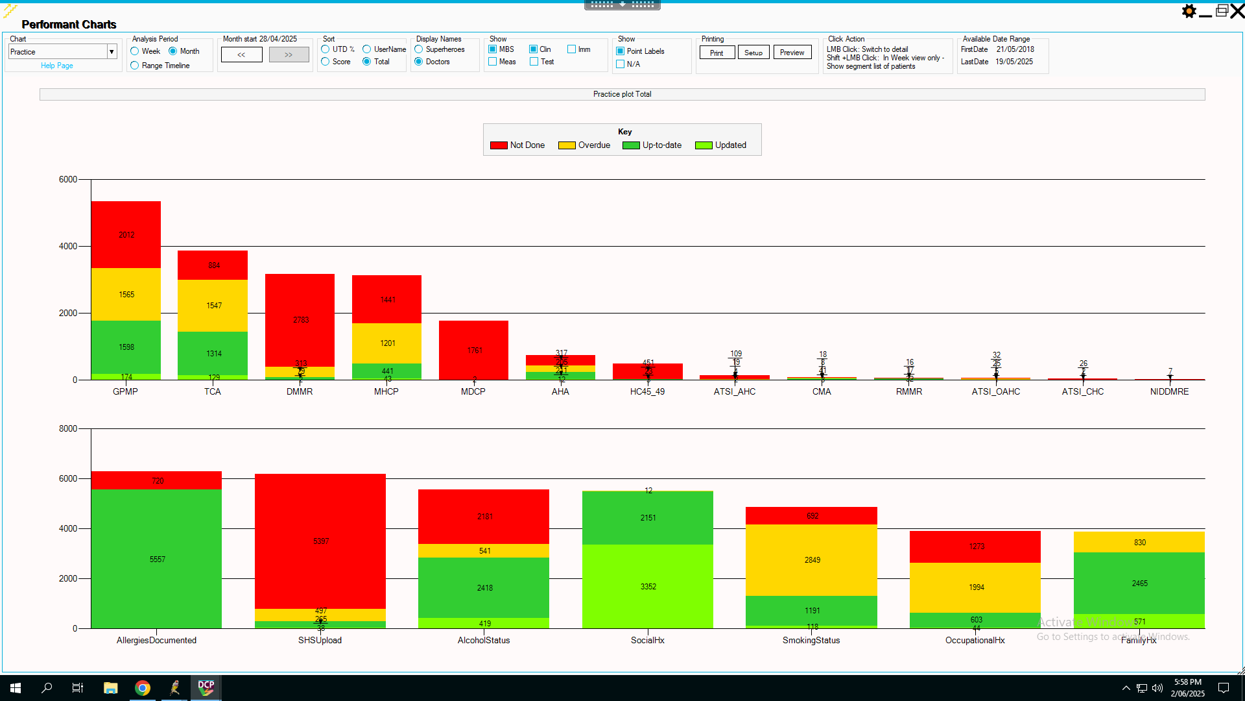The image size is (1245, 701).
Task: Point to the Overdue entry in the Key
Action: [593, 145]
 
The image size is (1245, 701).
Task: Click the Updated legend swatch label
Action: [730, 145]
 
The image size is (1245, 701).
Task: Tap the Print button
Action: [717, 53]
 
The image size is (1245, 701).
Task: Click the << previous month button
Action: [241, 55]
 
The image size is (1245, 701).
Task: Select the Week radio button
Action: [135, 51]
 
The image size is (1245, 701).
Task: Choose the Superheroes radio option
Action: [419, 49]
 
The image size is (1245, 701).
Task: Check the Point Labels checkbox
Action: [621, 51]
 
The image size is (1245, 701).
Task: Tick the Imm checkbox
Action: [572, 49]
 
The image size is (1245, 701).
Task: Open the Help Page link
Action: [57, 66]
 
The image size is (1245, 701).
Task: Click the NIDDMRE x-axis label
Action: [1169, 391]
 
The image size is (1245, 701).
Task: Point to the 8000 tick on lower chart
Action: [68, 428]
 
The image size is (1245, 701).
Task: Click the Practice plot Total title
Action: [622, 94]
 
